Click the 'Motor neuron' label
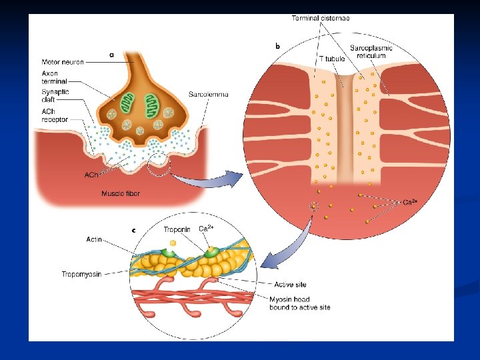[63, 62]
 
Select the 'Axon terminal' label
[50, 77]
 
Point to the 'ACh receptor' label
[54, 116]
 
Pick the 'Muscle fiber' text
[121, 194]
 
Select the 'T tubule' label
[331, 59]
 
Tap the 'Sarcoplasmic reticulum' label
[371, 52]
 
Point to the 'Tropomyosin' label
[81, 274]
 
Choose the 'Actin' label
[94, 239]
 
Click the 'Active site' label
[290, 285]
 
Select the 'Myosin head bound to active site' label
[299, 303]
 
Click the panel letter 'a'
[111, 55]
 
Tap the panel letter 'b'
[277, 46]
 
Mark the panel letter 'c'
[133, 230]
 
